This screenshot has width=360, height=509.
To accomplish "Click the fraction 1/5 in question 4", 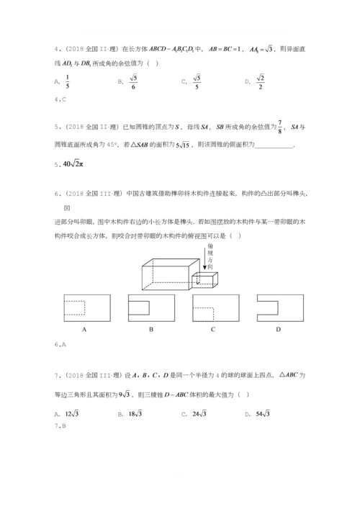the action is click(67, 81).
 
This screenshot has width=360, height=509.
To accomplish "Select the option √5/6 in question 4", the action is click(132, 81).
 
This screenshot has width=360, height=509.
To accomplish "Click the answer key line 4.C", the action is click(60, 99).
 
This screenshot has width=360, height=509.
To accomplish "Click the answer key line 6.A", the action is click(60, 345).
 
